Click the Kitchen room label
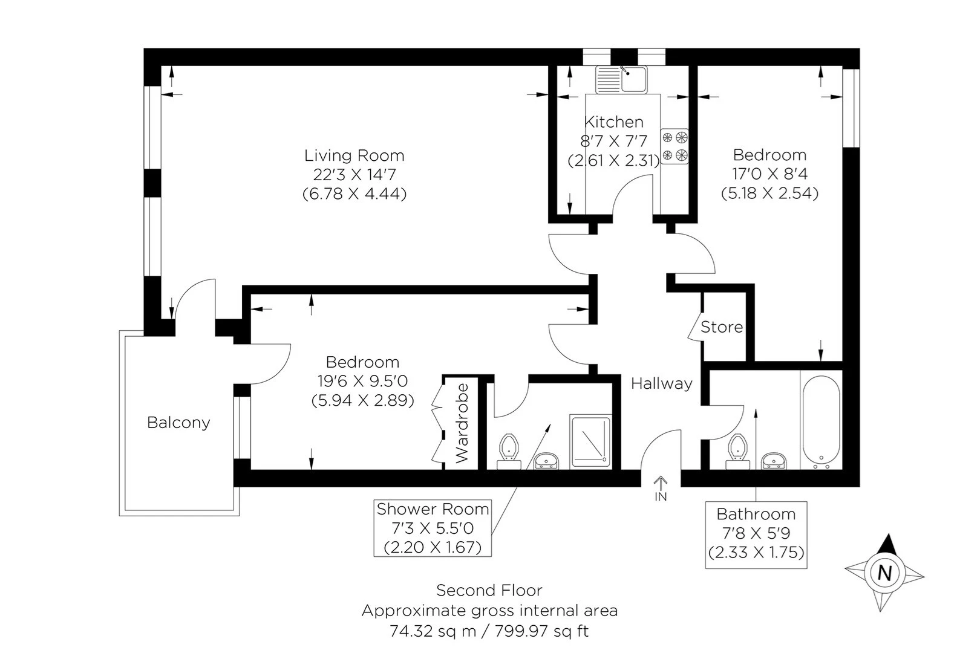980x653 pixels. [x=613, y=122]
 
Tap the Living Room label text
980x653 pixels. [x=354, y=155]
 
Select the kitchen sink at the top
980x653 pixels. [x=621, y=80]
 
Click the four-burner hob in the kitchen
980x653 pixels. [x=674, y=146]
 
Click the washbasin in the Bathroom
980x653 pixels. [x=774, y=461]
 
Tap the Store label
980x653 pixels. [x=722, y=327]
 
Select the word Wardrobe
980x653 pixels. [x=462, y=423]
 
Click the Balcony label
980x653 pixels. [x=178, y=423]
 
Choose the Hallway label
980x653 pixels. [x=662, y=383]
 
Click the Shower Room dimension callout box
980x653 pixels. [x=433, y=528]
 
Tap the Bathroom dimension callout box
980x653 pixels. [x=756, y=534]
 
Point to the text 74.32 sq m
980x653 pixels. [x=433, y=631]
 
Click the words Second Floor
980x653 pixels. [x=489, y=591]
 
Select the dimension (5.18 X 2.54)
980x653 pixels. [x=769, y=193]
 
